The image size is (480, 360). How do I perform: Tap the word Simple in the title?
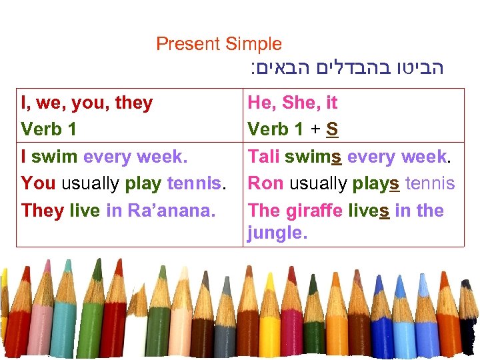[x=254, y=45]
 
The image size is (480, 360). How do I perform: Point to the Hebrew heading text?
[x=347, y=67]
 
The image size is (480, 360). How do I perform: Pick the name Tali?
[x=263, y=157]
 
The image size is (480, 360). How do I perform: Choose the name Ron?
[x=265, y=183]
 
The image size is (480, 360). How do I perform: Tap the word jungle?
[x=276, y=234]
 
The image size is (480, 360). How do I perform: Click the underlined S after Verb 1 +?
[x=332, y=129]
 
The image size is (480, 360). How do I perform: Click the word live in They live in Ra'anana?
[x=85, y=211]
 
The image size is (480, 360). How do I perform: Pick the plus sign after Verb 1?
[x=313, y=129]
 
